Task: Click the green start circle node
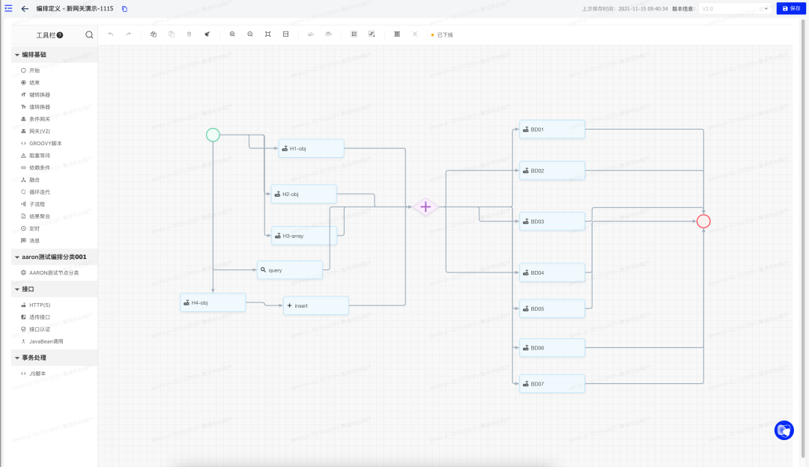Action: coord(213,135)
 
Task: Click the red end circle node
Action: coord(703,222)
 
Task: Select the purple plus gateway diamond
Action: coord(425,207)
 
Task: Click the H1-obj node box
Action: coord(311,148)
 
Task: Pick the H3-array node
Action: coord(303,236)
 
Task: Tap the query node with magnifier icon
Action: coord(290,269)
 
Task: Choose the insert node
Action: coord(315,305)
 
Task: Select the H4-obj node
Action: coord(213,302)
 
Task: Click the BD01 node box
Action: coord(552,129)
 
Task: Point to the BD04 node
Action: coord(552,272)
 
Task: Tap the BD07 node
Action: coord(552,384)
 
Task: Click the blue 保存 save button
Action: coord(791,8)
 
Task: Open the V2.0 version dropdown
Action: coord(734,8)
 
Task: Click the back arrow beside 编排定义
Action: coord(25,8)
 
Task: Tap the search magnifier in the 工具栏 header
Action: coord(89,34)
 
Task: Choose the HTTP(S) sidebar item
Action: coord(40,305)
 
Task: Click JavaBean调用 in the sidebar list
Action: coord(46,341)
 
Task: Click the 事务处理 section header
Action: coord(34,358)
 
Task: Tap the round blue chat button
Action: coord(784,430)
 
